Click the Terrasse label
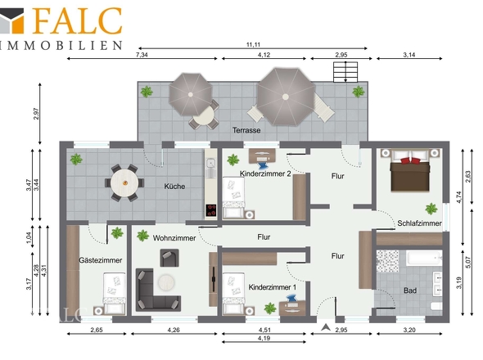click(246, 130)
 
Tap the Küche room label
click(174, 187)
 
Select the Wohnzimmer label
click(174, 238)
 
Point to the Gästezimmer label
click(101, 260)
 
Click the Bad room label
click(410, 290)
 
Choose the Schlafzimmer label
click(419, 223)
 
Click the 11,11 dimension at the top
click(253, 45)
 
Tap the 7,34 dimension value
click(142, 55)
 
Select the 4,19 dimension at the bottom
click(264, 338)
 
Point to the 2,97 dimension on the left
click(36, 114)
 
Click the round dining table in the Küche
click(124, 183)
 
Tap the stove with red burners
click(210, 210)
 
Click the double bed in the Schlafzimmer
click(410, 170)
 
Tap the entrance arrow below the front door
click(326, 327)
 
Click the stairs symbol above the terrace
click(345, 72)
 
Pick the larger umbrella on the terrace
click(286, 97)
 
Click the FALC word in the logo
click(78, 20)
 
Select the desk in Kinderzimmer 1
click(292, 308)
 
